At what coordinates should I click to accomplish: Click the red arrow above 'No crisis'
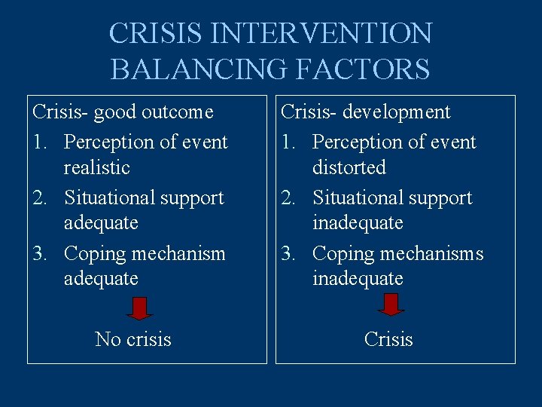pos(139,306)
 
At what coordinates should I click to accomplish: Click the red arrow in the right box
pos(390,304)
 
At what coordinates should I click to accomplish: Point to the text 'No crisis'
pos(133,340)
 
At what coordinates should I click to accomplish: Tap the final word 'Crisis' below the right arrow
pos(388,340)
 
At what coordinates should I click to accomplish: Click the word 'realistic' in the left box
pos(97,167)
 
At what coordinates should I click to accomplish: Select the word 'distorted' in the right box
pos(349,167)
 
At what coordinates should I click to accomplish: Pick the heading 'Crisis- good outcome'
pos(123,112)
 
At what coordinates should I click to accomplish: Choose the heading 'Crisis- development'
pos(366,112)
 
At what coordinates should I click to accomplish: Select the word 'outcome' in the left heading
pos(178,112)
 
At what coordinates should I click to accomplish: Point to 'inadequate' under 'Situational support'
pos(358,223)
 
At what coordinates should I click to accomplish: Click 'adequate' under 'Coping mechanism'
pos(101,279)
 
